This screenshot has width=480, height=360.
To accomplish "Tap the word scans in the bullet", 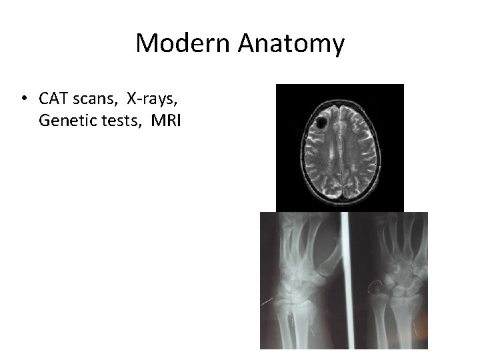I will click(90, 100).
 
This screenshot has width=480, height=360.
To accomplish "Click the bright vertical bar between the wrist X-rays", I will click(345, 280).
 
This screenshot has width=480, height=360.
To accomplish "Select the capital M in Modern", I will click(145, 44).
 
